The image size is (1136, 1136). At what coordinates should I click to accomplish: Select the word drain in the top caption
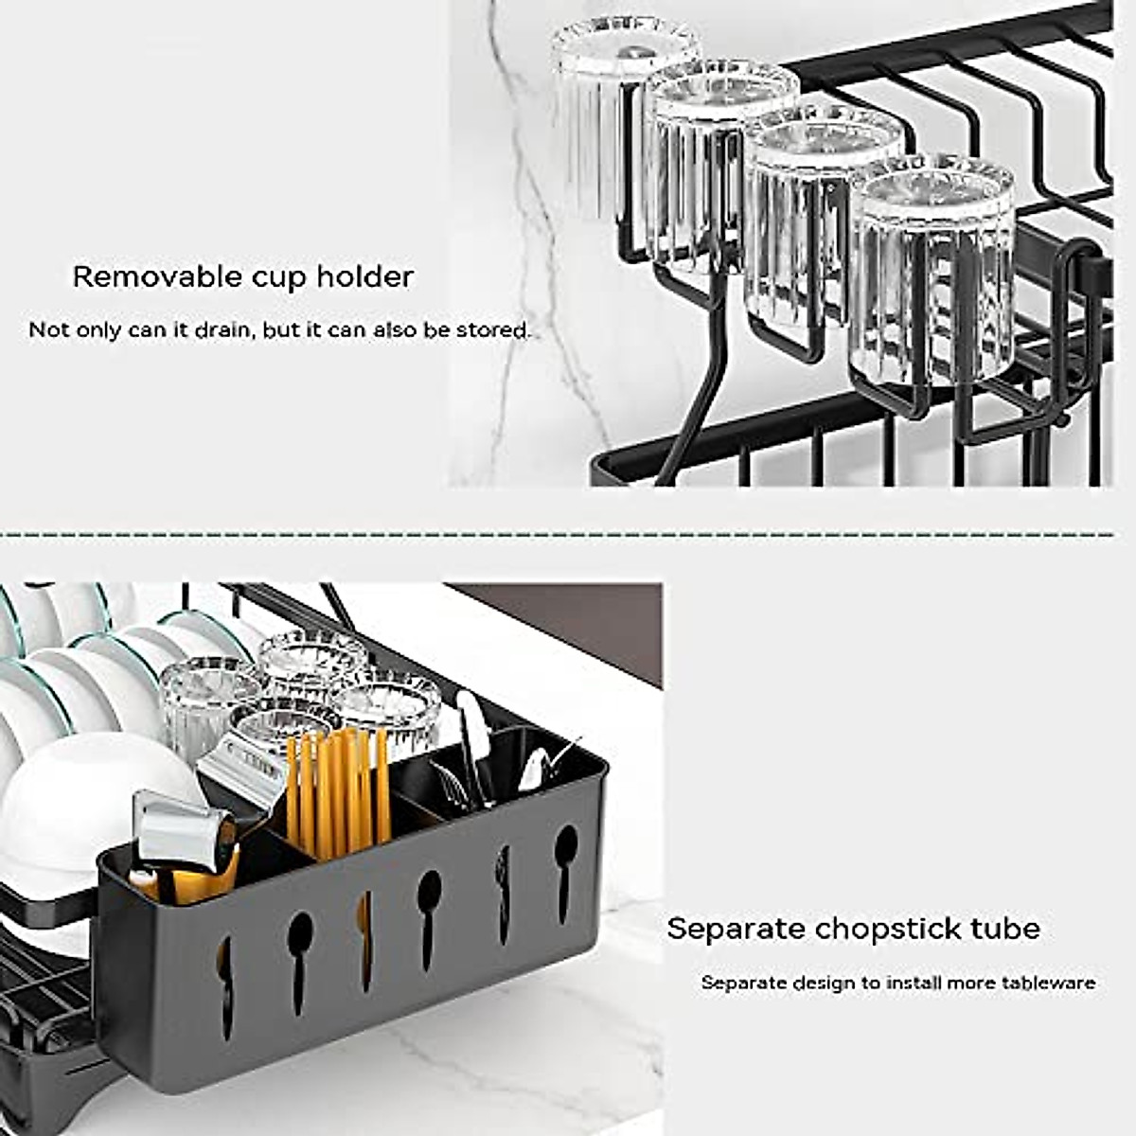pyautogui.click(x=228, y=330)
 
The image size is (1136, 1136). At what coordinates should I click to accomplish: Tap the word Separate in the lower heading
pyautogui.click(x=736, y=929)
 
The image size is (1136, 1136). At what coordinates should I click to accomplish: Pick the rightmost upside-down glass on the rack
pyautogui.click(x=932, y=275)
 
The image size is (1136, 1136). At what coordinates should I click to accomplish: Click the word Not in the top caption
pyautogui.click(x=47, y=330)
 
